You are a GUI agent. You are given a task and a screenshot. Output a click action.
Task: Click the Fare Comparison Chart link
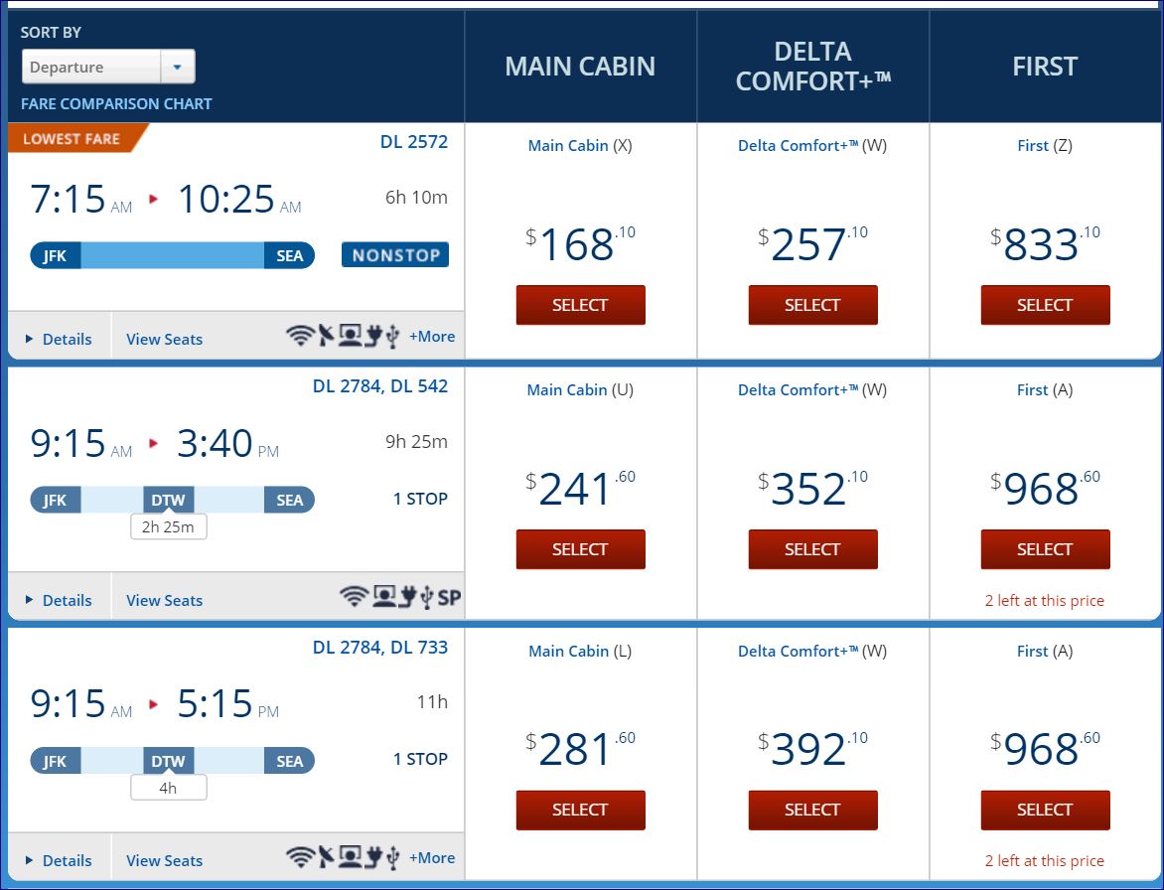(x=116, y=103)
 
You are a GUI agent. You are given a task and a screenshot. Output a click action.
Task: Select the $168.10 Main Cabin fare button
(x=580, y=305)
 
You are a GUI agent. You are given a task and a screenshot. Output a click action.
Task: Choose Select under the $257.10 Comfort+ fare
(x=812, y=305)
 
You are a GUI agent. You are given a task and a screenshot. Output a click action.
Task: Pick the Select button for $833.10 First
(x=1045, y=305)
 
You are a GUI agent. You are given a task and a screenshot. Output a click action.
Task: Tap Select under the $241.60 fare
(x=580, y=549)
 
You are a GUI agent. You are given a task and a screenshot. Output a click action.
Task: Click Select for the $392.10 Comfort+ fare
(x=812, y=810)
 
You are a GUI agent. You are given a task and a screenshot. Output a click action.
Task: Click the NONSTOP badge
(x=395, y=255)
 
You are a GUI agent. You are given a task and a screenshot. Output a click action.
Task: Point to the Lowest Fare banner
(x=73, y=139)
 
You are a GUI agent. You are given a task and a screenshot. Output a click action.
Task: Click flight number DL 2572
(x=414, y=142)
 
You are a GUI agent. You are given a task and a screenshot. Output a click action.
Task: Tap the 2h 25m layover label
(x=168, y=526)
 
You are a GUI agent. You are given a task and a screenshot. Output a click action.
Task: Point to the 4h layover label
(x=168, y=788)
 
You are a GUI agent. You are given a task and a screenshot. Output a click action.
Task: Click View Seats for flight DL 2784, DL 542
(x=164, y=600)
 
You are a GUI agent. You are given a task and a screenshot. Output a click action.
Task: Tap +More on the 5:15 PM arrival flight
(x=432, y=858)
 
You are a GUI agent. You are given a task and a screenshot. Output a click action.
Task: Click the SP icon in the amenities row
(x=450, y=598)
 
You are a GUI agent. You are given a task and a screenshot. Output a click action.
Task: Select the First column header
(x=1045, y=67)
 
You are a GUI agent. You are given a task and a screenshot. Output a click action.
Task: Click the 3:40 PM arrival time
(x=216, y=444)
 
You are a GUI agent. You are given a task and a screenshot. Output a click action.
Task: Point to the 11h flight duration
(x=432, y=702)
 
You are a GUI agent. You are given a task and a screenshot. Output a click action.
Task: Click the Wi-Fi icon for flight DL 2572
(x=300, y=337)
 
